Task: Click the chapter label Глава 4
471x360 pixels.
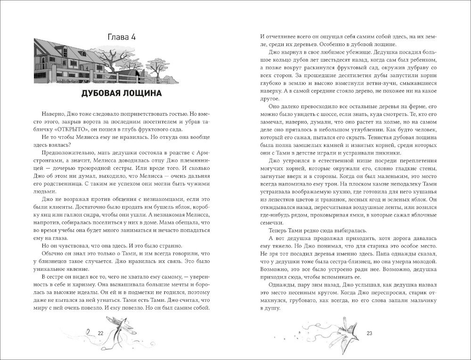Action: [122, 37]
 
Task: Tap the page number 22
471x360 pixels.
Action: [100, 333]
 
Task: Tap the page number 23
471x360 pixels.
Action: [369, 333]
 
